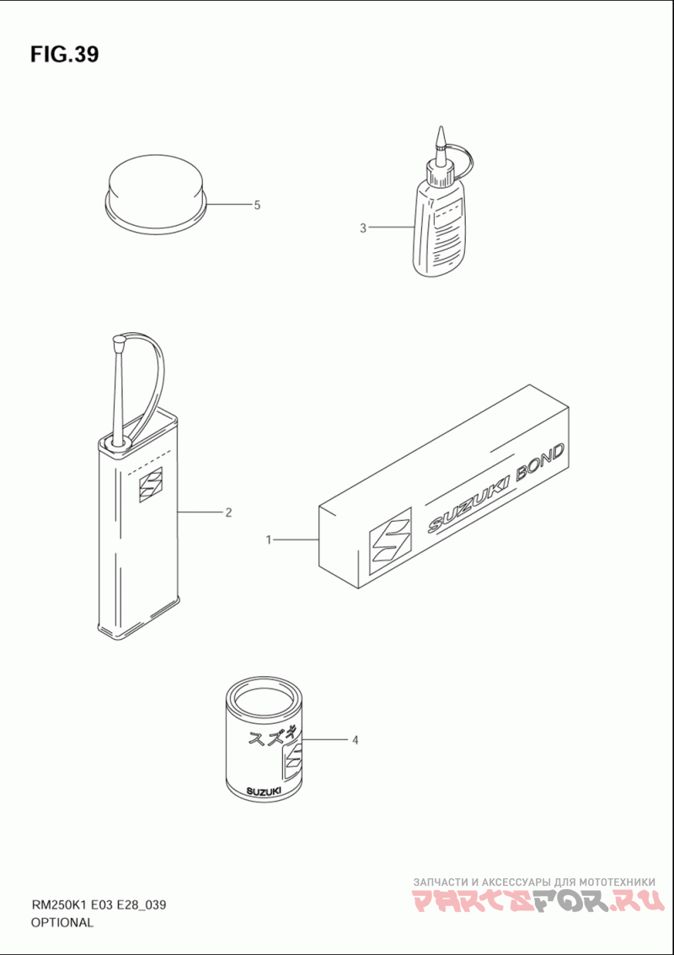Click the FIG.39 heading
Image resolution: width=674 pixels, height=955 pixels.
[x=64, y=55]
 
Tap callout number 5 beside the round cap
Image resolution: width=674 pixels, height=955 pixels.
[x=257, y=206]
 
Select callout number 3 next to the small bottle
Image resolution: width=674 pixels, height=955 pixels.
[x=363, y=228]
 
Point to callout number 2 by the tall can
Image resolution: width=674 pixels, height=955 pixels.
[x=228, y=512]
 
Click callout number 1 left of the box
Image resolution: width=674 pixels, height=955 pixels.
[x=268, y=539]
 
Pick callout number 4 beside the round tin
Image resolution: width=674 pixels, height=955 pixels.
[x=354, y=741]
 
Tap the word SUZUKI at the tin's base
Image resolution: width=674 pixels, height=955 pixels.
[x=262, y=791]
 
